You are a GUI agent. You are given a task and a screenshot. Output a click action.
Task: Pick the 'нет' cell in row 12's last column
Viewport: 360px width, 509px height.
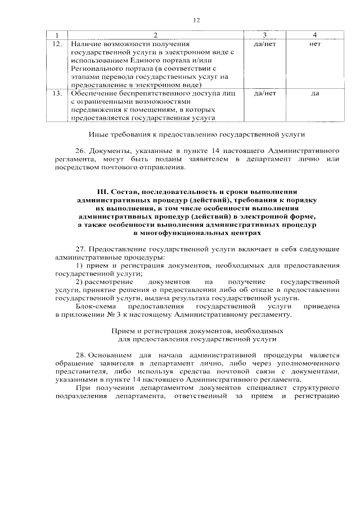click(x=314, y=43)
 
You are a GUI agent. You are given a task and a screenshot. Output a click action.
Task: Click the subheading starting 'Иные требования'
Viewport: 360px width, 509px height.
click(x=196, y=134)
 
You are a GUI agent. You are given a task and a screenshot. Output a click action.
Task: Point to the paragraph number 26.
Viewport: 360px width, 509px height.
click(x=80, y=151)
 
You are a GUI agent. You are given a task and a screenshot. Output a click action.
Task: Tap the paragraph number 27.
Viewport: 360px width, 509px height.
click(x=80, y=248)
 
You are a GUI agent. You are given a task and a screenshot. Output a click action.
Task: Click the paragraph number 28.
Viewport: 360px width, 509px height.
click(x=80, y=355)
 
